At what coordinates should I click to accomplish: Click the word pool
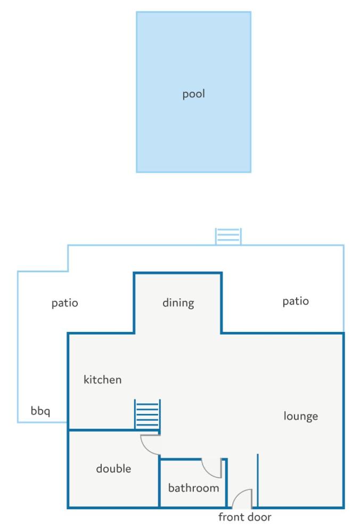click(194, 94)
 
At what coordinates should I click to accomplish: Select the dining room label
click(178, 303)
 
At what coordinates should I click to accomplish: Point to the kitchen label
click(102, 380)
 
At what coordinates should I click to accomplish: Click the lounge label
click(301, 416)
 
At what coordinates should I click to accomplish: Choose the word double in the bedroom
click(113, 469)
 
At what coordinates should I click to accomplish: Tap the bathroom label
click(194, 488)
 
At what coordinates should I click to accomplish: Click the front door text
click(245, 517)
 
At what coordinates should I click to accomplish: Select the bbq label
click(40, 411)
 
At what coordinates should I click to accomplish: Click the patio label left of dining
click(64, 303)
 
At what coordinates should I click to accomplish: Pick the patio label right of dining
click(296, 301)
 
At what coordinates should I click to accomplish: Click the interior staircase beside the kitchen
click(148, 415)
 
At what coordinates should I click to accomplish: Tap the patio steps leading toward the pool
click(228, 236)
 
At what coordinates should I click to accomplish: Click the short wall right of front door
click(258, 480)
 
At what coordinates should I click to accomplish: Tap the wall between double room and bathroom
click(159, 482)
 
